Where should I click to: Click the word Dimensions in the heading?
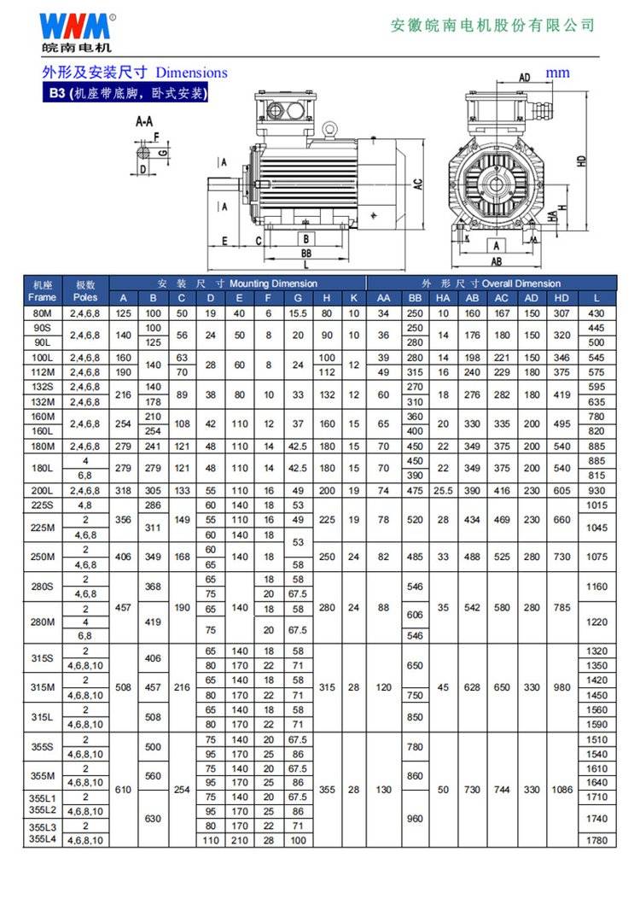pyautogui.click(x=191, y=73)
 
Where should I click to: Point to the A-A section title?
pyautogui.click(x=145, y=122)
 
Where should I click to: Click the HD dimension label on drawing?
pyautogui.click(x=581, y=160)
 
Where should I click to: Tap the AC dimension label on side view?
pyautogui.click(x=417, y=183)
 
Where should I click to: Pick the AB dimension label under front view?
pyautogui.click(x=496, y=262)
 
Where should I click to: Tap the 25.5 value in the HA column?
pyautogui.click(x=443, y=491)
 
